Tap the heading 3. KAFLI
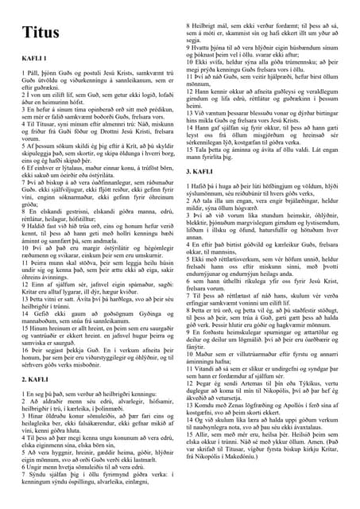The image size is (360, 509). [198, 171]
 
